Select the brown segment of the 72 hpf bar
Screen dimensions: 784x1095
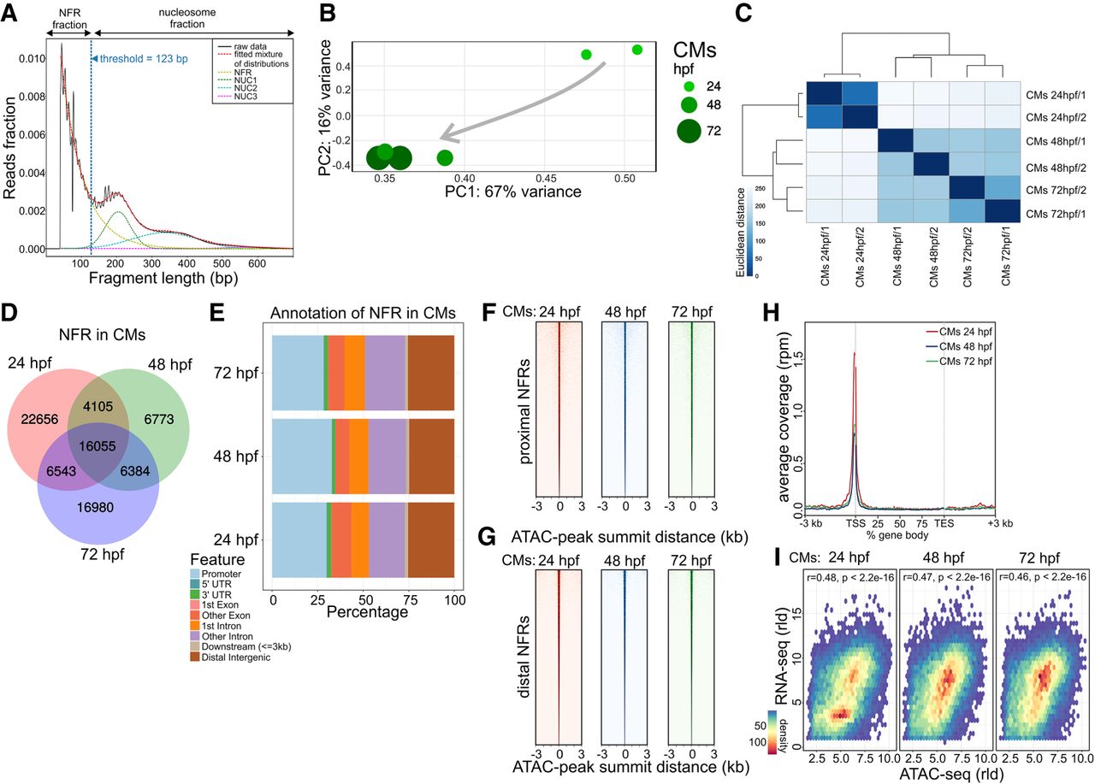point(430,373)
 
